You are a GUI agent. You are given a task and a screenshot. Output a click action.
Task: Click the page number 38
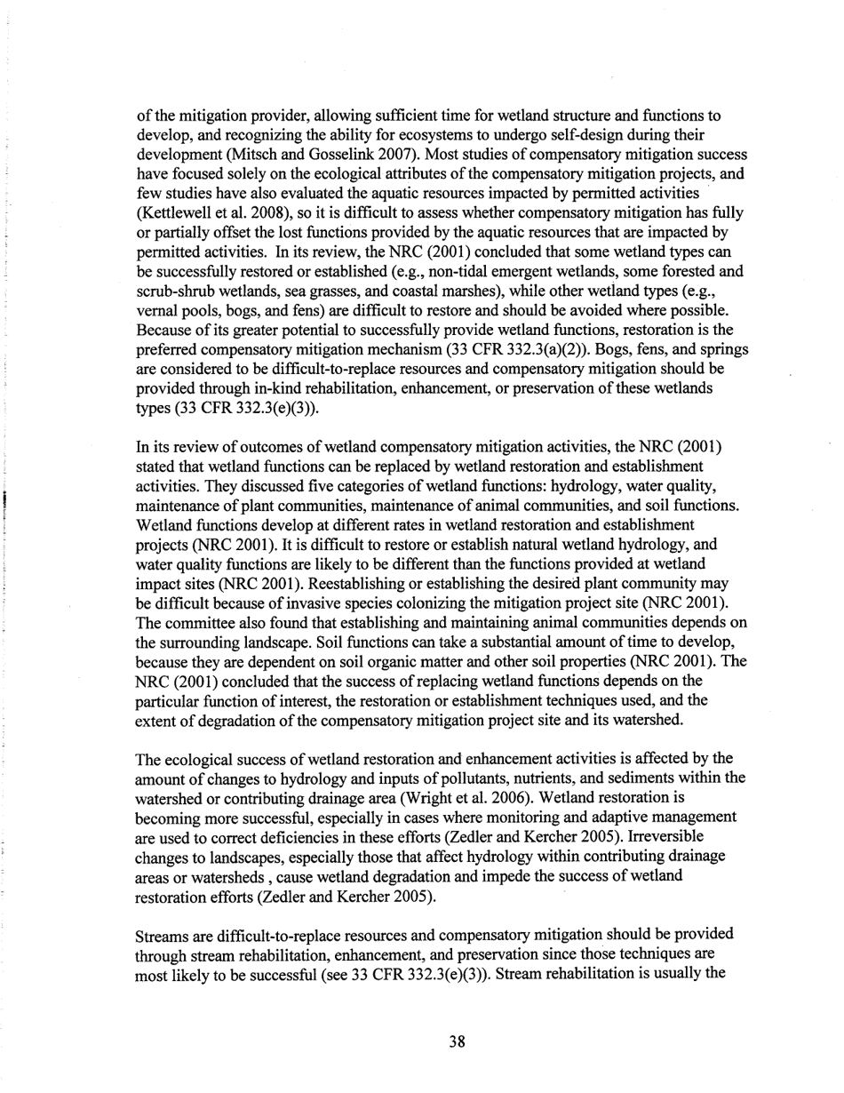click(457, 1042)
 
